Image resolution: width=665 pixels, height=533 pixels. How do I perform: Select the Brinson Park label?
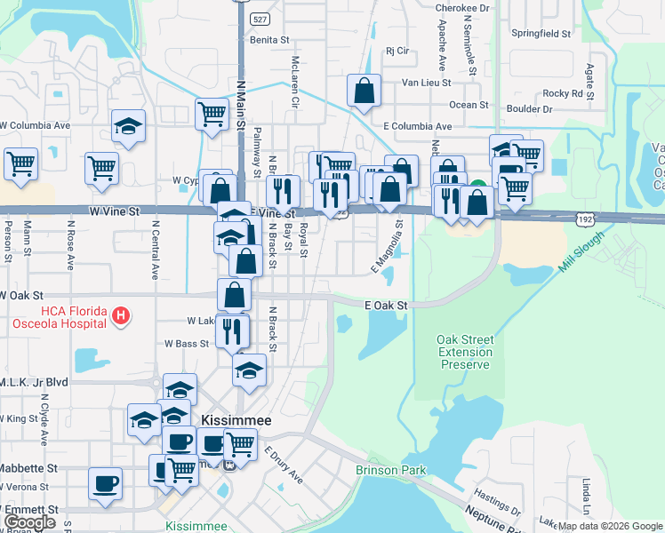(x=390, y=470)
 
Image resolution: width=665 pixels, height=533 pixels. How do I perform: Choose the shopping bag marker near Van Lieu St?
(x=365, y=91)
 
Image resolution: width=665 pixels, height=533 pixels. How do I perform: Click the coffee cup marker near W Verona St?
(x=106, y=484)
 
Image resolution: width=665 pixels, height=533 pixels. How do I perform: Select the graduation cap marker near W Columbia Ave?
(x=128, y=126)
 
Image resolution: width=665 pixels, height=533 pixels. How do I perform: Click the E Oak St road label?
(x=386, y=306)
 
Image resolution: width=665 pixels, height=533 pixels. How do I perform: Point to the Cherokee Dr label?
(x=462, y=8)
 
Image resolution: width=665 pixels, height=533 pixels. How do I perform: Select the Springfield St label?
(x=541, y=34)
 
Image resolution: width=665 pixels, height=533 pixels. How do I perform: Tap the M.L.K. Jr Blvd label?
(x=35, y=381)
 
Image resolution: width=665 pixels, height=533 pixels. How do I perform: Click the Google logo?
(x=30, y=522)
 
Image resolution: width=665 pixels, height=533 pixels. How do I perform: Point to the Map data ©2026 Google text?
(x=609, y=526)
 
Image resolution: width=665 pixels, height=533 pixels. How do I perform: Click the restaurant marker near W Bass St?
(x=232, y=331)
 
